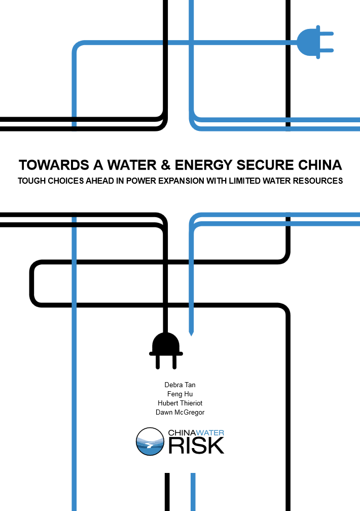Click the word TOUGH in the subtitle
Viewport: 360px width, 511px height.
31,181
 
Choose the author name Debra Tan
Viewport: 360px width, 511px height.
180,385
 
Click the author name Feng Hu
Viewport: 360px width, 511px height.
180,394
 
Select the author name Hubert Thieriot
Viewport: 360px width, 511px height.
180,403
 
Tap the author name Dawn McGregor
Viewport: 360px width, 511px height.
180,413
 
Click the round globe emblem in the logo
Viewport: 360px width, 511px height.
150,441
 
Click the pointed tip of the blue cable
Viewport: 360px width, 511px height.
192,334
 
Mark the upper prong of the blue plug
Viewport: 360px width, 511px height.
326,35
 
